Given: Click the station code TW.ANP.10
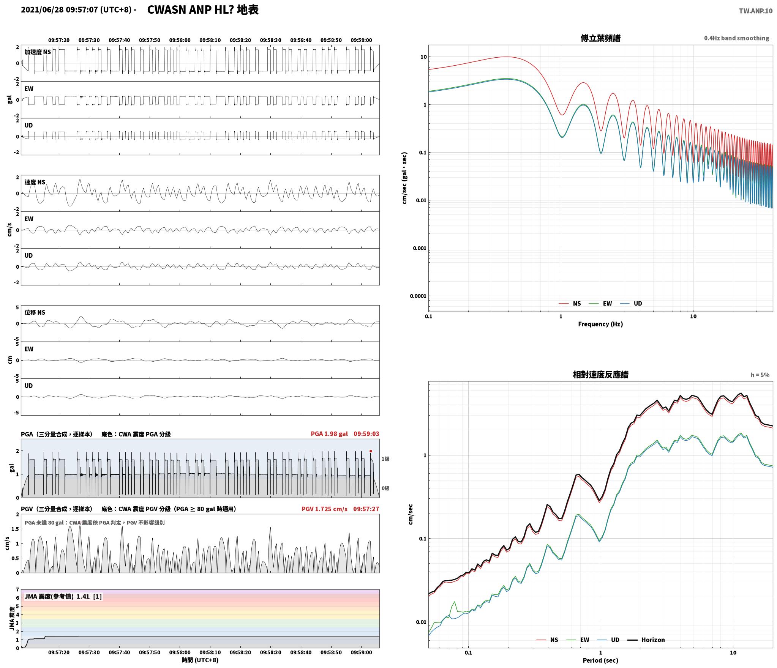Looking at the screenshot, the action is [x=755, y=11].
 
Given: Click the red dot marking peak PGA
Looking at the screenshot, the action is [x=371, y=451].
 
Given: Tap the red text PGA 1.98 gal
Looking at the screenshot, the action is [x=329, y=434].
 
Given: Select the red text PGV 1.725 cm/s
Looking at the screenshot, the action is [x=324, y=509].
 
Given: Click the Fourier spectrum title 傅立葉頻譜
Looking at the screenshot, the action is [x=600, y=38].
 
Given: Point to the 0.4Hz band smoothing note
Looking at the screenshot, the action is [x=736, y=38].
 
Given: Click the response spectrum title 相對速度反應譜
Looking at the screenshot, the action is [x=600, y=375].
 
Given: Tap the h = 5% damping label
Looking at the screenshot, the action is [x=760, y=375].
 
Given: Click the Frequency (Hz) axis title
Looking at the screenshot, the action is [x=600, y=324].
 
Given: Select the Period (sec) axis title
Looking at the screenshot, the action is [x=600, y=660].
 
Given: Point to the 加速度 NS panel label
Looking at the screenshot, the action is [x=38, y=52].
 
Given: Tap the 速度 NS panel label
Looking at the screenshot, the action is [x=35, y=182].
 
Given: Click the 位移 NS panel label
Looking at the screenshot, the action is [x=35, y=312].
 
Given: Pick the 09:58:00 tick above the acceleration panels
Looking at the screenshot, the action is [x=180, y=40].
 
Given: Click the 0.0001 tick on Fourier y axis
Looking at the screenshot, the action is [x=418, y=296].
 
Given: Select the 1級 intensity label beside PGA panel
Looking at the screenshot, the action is [x=385, y=459].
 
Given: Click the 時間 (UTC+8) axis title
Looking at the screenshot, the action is [x=200, y=660].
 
